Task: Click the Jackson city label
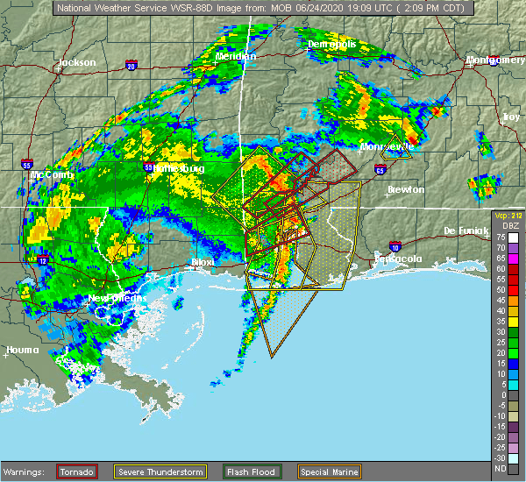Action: tap(75, 62)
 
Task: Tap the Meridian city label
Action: tap(236, 56)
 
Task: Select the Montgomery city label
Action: tap(495, 60)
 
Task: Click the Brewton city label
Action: tap(406, 189)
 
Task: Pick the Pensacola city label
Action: tap(402, 259)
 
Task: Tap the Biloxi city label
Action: tap(203, 262)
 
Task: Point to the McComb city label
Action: tap(46, 174)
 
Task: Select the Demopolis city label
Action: tap(331, 43)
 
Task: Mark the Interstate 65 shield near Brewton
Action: tap(379, 169)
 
